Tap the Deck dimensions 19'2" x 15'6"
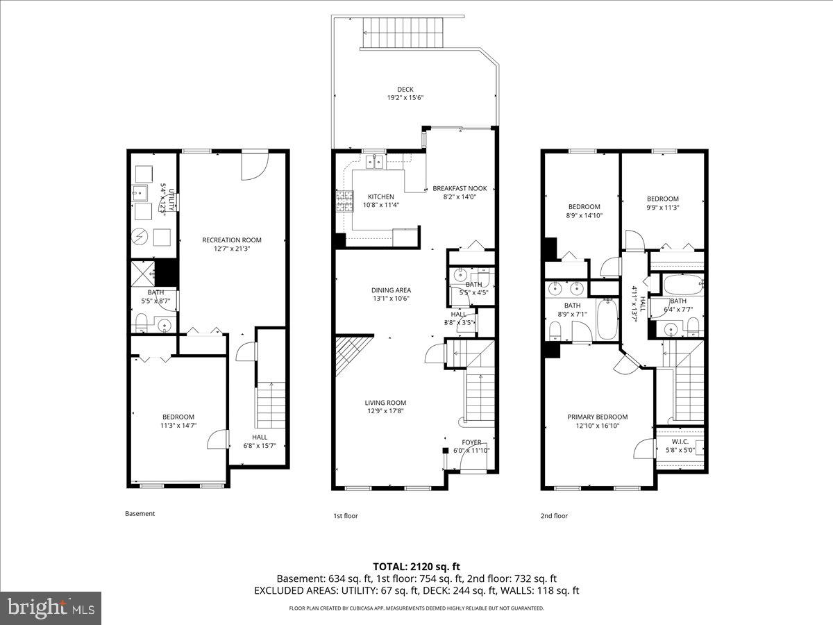click(405, 98)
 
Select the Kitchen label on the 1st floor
click(380, 197)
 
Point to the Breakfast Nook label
click(460, 188)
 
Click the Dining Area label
click(392, 290)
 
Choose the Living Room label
click(385, 403)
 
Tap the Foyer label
click(471, 442)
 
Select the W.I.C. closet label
click(680, 442)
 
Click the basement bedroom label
click(178, 417)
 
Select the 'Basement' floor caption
click(140, 514)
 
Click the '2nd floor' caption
click(554, 516)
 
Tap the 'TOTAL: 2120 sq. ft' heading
click(416, 566)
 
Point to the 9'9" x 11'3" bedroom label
click(662, 199)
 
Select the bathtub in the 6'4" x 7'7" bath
click(682, 285)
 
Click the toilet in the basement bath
click(142, 321)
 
